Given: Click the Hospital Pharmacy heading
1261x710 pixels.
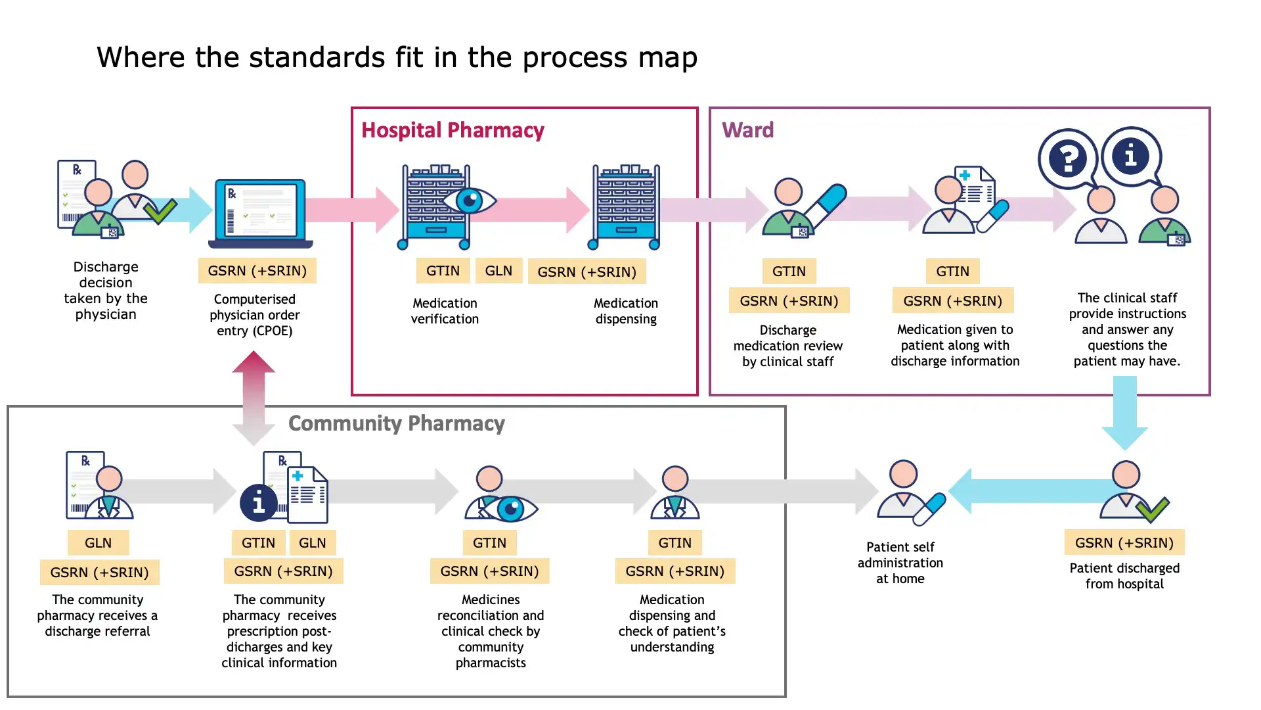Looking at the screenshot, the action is pos(453,130).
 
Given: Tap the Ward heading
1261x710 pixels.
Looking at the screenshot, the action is pos(747,130).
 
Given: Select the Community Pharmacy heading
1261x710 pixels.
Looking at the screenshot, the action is pos(396,423).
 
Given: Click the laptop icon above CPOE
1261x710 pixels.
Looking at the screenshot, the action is pos(260,214).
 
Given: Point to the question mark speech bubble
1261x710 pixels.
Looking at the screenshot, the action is pos(1067,158).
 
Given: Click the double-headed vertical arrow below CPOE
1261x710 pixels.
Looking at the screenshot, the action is pos(254,398).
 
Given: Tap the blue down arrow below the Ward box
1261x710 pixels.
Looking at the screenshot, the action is pos(1124,413).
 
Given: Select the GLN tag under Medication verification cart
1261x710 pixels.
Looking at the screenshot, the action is pos(498,271).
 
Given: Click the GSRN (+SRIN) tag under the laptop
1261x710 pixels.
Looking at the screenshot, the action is pos(257,271).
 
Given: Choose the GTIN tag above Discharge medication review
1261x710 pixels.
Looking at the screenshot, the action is pos(789,272).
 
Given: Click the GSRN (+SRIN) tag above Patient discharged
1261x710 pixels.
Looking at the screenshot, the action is pos(1124,542).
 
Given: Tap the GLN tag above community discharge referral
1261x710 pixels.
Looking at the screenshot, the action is pos(98,543).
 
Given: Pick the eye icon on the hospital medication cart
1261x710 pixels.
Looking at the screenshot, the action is pos(469,201).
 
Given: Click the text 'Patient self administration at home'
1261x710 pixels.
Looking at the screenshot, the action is pos(900,563).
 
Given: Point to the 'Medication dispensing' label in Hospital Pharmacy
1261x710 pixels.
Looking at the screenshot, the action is pos(626,311).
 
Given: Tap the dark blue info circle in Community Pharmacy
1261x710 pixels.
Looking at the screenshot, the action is pos(259,503).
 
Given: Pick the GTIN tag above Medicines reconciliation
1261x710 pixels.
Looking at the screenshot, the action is pos(489,543).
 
